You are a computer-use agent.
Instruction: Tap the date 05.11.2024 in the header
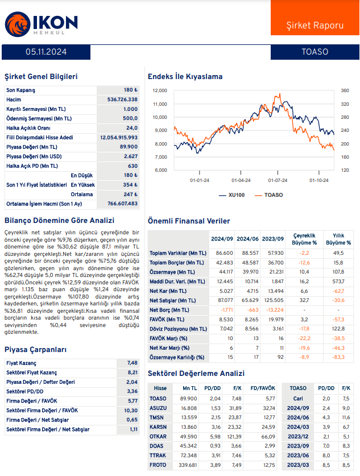tap(46, 52)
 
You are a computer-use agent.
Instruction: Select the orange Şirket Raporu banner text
tap(315, 26)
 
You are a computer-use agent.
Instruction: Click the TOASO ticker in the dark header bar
tap(315, 52)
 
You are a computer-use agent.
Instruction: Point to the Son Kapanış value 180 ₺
tap(131, 90)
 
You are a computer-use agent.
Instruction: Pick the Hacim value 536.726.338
tap(122, 100)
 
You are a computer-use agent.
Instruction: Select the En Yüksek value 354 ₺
tap(131, 185)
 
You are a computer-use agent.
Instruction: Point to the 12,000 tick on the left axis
tap(159, 90)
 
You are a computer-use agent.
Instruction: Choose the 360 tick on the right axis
tap(345, 90)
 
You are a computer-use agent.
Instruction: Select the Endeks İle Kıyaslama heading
tap(185, 77)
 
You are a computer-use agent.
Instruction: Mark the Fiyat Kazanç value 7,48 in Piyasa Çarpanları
tap(133, 363)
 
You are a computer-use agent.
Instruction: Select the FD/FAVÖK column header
tap(262, 388)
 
